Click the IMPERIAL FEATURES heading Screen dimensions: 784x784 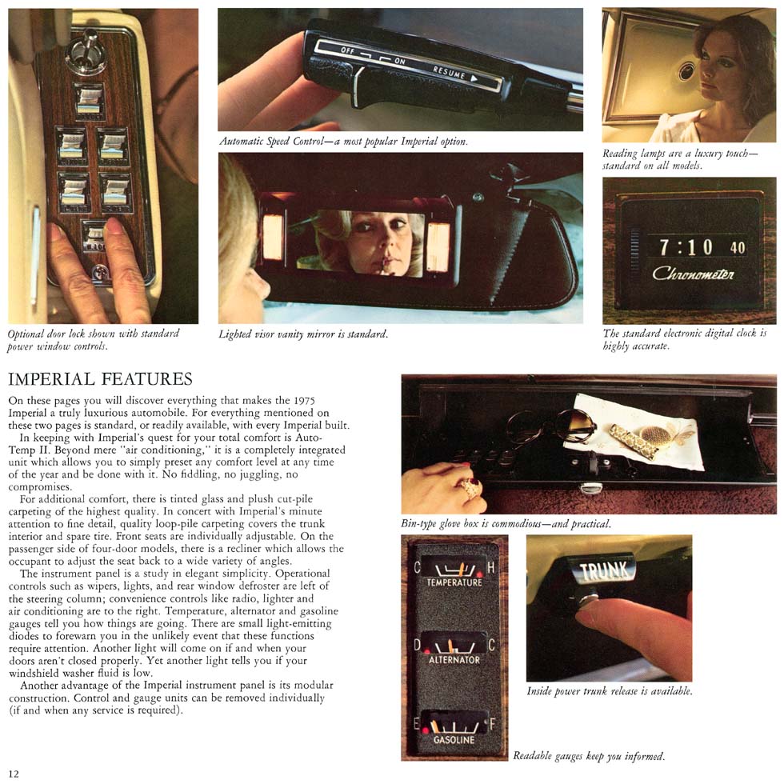click(x=100, y=379)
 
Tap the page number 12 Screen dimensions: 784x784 click(x=14, y=774)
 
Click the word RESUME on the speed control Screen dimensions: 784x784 click(x=449, y=73)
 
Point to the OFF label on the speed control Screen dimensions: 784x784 click(x=347, y=50)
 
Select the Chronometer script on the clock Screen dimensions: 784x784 click(x=693, y=274)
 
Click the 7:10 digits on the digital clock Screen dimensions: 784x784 click(x=686, y=247)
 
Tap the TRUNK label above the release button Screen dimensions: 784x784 click(x=603, y=570)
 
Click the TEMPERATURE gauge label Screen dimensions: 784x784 click(x=454, y=582)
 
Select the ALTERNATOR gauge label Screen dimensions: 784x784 click(x=454, y=660)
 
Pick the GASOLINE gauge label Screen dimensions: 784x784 click(x=454, y=739)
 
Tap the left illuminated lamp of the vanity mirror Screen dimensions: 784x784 click(x=273, y=237)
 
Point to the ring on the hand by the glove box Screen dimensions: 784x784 click(x=471, y=487)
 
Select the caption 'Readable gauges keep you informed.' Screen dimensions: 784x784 click(x=589, y=756)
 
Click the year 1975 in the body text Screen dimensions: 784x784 click(x=303, y=401)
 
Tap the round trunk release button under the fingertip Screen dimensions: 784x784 click(x=586, y=598)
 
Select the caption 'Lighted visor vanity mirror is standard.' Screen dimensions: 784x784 click(x=303, y=334)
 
